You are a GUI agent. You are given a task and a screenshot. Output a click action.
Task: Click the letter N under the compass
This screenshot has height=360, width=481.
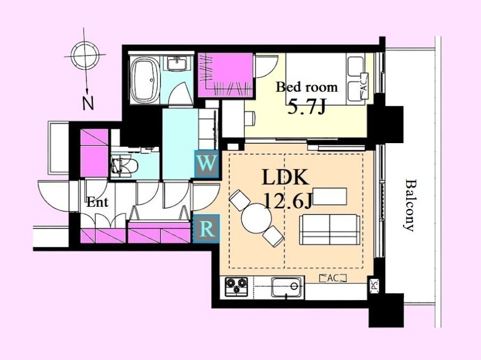[x=88, y=104]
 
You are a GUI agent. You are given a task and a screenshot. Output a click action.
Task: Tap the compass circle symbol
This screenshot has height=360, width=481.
[x=84, y=55]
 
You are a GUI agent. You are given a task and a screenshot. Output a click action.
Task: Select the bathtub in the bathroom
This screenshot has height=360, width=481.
[x=145, y=80]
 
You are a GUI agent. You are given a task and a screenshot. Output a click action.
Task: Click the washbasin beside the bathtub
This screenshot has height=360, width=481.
[x=177, y=64]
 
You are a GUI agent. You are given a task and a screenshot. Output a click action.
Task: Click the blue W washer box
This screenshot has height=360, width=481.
[x=207, y=164]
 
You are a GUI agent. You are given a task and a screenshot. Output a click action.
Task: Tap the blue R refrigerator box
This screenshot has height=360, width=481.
[x=206, y=229]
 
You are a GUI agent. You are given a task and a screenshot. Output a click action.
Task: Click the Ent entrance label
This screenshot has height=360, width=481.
[x=97, y=202]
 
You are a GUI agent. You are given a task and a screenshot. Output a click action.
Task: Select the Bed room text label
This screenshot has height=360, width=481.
[x=307, y=87]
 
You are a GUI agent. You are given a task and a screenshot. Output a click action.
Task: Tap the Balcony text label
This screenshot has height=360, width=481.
[x=409, y=205]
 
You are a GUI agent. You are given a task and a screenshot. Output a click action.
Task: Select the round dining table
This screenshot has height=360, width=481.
[x=256, y=218]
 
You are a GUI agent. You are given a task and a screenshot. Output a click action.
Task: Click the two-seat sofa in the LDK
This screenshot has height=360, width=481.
[x=330, y=230]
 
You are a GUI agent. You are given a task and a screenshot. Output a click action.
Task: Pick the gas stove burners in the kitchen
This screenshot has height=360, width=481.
[x=236, y=287]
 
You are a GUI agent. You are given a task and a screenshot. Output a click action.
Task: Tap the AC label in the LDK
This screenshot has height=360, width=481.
[x=333, y=278]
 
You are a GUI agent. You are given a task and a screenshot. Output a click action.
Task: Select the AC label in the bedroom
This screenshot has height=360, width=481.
[x=364, y=86]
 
